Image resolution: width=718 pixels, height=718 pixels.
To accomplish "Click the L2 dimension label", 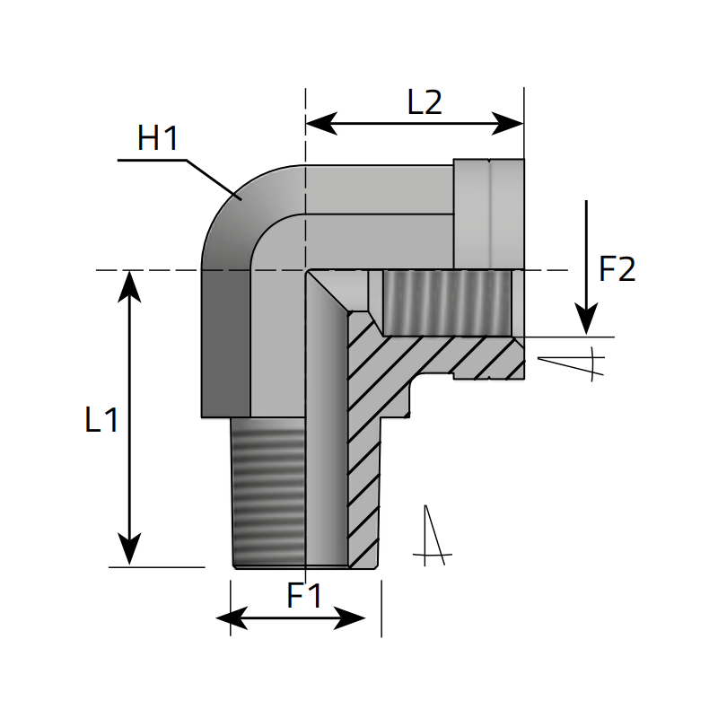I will [x=425, y=102].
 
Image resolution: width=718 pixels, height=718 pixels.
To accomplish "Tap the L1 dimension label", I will [x=101, y=420].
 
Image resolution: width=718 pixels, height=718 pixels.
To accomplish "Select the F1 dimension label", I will [x=304, y=596].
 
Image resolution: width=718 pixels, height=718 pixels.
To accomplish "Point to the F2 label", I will [x=617, y=269].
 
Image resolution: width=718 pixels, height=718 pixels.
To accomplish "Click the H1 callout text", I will [x=159, y=139].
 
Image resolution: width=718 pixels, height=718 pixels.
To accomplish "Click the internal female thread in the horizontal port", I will [x=449, y=302].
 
